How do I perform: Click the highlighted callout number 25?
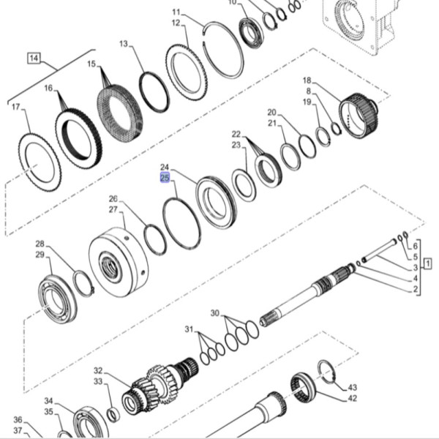[x=165, y=177]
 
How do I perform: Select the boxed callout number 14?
[x=34, y=57]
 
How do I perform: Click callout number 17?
[x=15, y=107]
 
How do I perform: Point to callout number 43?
[x=352, y=387]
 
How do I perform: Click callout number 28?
[x=40, y=244]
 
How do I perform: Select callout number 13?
[x=124, y=44]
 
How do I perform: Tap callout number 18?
[x=307, y=80]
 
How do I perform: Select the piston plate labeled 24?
[x=216, y=200]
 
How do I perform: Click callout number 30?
[x=214, y=313]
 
